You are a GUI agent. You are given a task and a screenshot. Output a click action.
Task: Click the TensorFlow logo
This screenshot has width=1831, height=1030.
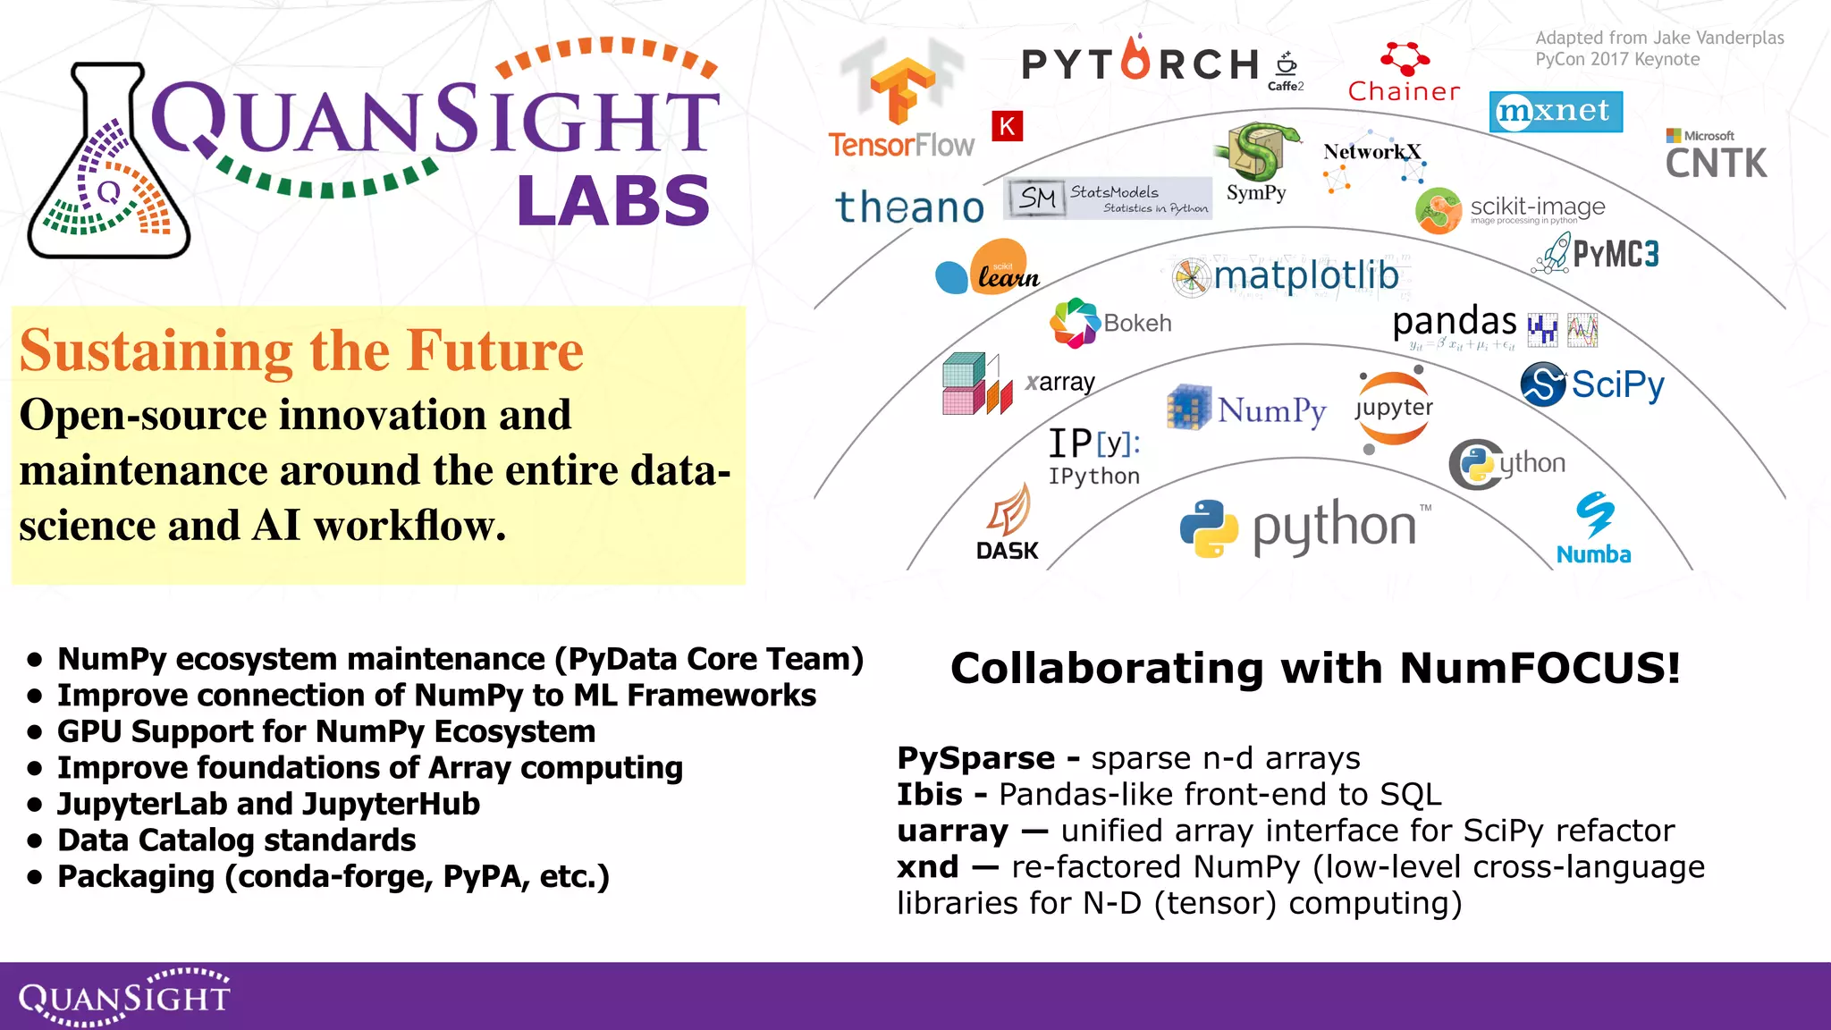(901, 103)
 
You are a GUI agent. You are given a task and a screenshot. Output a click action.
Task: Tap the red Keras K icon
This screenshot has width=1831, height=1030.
(1007, 126)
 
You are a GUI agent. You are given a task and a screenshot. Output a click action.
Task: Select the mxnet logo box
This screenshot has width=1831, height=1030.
(1556, 112)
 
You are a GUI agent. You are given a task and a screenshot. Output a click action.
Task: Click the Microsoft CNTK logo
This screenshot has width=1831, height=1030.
(1716, 156)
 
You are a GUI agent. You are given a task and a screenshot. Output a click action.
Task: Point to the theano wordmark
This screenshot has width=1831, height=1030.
(909, 207)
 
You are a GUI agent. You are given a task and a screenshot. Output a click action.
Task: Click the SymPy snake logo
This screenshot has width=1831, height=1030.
(1256, 152)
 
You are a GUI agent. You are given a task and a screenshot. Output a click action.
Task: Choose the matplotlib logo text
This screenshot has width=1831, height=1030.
(1305, 275)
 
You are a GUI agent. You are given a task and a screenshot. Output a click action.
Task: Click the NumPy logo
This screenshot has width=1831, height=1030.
(1246, 409)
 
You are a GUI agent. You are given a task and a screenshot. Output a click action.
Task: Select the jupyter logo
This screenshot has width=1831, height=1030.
(1393, 409)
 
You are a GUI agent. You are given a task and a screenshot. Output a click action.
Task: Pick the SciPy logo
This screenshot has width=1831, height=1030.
(1592, 384)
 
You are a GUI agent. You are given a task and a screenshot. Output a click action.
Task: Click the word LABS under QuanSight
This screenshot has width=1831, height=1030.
(613, 200)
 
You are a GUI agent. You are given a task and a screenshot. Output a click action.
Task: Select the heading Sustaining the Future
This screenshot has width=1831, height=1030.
(301, 350)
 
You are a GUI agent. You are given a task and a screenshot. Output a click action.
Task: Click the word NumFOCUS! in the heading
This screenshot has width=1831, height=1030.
(1540, 668)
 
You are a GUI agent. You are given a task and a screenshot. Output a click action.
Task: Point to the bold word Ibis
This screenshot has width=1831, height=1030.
(930, 794)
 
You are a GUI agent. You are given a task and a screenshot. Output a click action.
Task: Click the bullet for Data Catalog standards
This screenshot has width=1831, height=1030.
(35, 841)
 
